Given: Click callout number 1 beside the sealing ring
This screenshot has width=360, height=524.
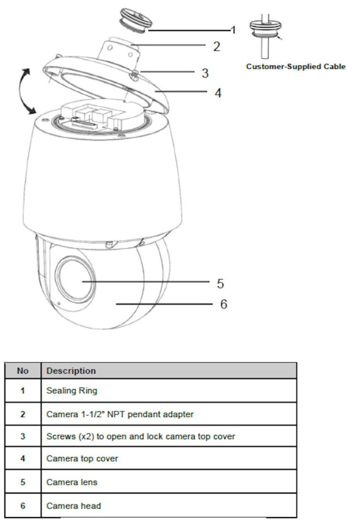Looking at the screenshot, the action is tap(233, 30).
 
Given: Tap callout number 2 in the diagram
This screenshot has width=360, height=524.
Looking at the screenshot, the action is tap(217, 47).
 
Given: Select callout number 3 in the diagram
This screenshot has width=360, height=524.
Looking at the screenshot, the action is tap(205, 73).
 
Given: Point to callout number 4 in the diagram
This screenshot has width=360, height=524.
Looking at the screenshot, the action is tap(218, 93).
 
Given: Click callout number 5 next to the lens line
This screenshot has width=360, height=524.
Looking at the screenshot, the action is tap(220, 283).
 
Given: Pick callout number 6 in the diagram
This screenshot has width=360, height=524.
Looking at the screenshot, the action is tap(224, 304).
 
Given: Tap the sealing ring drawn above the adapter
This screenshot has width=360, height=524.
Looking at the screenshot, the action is tap(136, 20).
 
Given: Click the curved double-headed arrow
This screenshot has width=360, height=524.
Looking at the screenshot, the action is tap(24, 91).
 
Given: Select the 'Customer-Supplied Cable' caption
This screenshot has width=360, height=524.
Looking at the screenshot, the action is tap(296, 66).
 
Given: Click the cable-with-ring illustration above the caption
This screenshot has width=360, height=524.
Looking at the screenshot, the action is tap(266, 36).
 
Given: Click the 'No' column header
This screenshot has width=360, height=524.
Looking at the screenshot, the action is tap(23, 371).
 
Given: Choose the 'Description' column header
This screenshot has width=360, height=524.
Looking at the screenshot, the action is tap(71, 371).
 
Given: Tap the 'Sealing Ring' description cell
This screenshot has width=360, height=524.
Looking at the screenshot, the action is tap(72, 390).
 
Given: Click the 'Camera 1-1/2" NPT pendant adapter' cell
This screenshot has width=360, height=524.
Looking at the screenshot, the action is tap(120, 414).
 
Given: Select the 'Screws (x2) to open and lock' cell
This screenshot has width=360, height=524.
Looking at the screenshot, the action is tap(141, 437).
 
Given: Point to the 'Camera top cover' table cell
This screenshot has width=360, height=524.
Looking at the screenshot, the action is tap(82, 459).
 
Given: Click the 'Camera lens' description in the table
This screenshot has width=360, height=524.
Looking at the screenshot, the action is tap(72, 482).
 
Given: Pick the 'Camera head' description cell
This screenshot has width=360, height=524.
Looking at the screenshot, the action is tap(73, 506).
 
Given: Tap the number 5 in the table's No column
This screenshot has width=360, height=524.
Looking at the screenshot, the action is tap(23, 482).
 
